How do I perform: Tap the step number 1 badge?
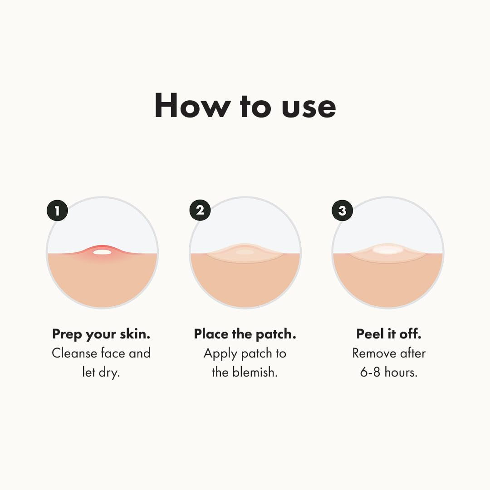pos(57,211)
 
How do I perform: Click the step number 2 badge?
pos(200,211)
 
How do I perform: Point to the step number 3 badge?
pos(342,211)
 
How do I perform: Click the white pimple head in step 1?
pos(102,252)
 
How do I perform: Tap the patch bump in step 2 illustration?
pos(245,252)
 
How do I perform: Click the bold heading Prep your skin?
pos(101,335)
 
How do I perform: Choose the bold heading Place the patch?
pos(245,334)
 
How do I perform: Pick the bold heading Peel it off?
pos(389,334)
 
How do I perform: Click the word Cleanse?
pos(75,353)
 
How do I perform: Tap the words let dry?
pos(101,372)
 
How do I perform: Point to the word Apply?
pos(221,353)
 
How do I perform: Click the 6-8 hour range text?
pos(371,372)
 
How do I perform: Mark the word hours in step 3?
pos(401,372)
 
